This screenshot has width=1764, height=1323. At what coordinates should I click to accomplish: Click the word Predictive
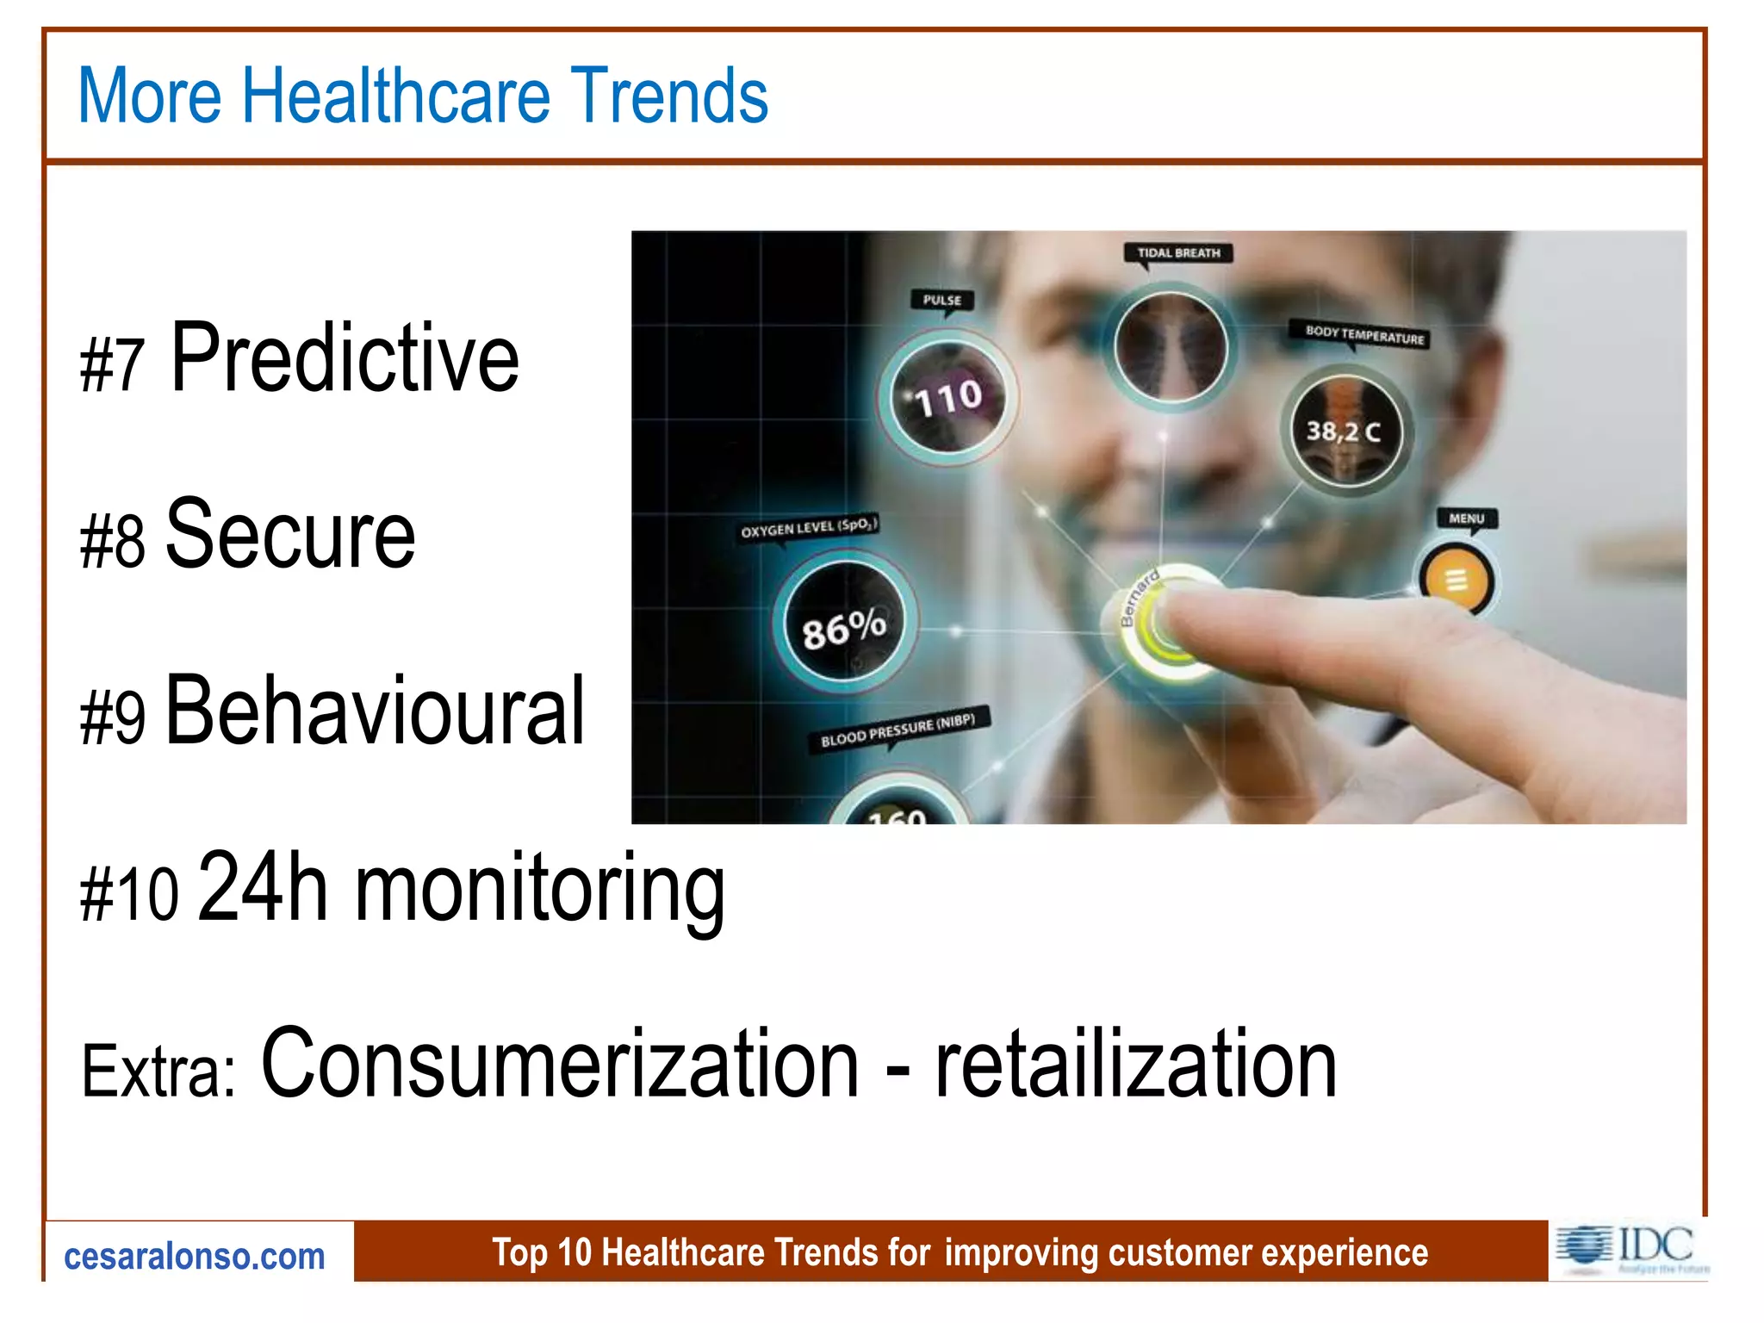[345, 357]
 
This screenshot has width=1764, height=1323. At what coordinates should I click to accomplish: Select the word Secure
[290, 535]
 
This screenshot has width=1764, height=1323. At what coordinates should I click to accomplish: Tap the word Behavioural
[375, 711]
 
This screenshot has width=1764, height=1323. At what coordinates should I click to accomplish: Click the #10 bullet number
[129, 895]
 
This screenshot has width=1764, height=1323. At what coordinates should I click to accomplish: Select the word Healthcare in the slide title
[395, 96]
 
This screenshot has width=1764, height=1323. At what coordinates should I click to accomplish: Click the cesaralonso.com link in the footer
[195, 1257]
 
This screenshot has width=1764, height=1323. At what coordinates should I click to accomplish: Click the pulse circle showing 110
[947, 398]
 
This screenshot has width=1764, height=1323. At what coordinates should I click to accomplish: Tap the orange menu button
[1456, 581]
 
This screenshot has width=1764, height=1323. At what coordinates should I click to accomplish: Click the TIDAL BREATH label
[1178, 253]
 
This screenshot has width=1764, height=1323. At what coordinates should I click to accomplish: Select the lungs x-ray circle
[1171, 347]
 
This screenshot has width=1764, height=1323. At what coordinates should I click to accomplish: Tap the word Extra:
[158, 1071]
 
